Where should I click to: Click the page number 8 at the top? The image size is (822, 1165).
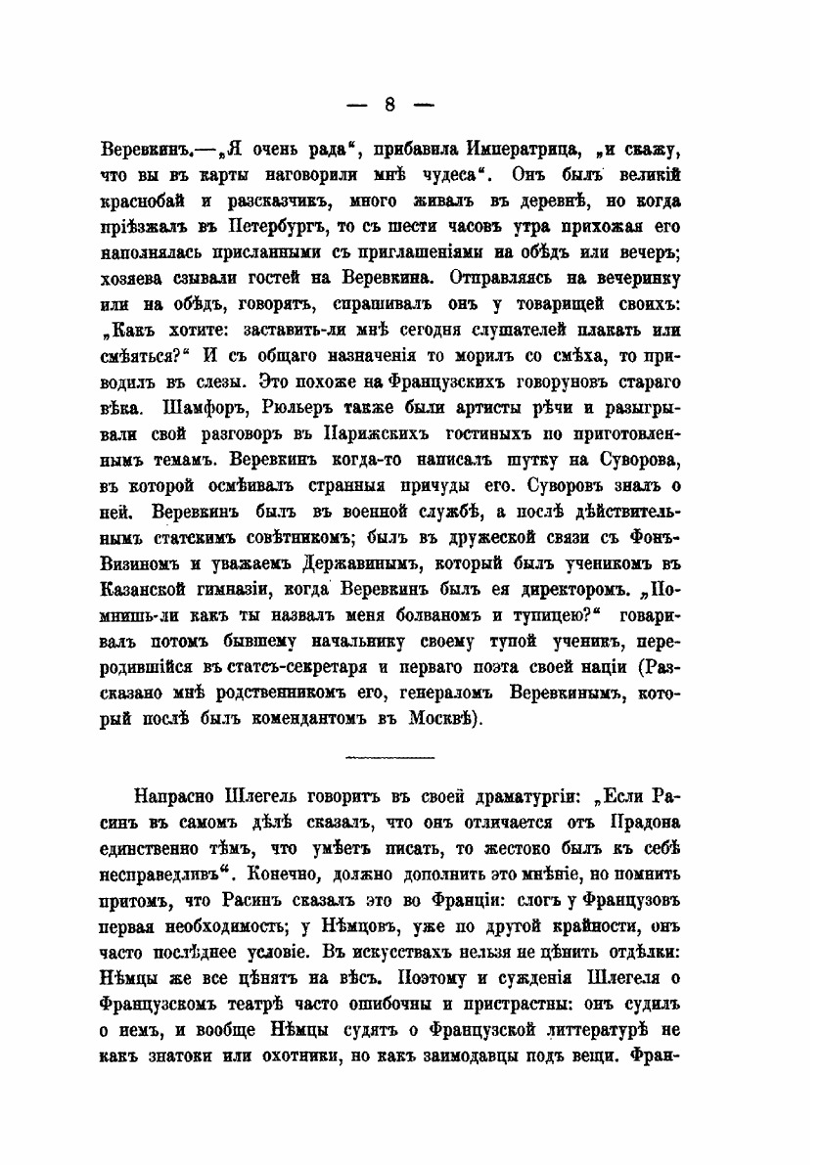tap(389, 105)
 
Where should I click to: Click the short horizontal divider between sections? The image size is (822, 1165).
tap(389, 757)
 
